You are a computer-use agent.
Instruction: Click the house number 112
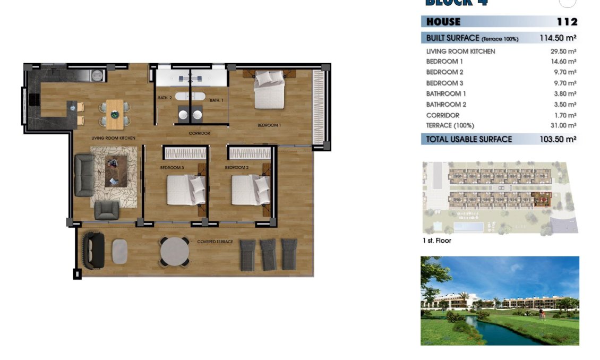[x=567, y=22]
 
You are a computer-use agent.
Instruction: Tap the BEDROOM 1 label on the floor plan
[x=269, y=125]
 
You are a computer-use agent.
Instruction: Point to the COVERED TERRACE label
[x=215, y=242]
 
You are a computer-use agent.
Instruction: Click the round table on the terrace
[x=174, y=251]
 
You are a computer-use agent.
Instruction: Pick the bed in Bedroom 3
[x=186, y=190]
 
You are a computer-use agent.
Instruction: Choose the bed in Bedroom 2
[x=251, y=190]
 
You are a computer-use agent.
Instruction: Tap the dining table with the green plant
[x=115, y=114]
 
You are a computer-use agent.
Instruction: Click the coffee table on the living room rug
[x=115, y=172]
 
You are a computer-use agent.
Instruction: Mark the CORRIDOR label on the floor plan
[x=200, y=133]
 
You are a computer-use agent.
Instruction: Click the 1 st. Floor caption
[x=436, y=241]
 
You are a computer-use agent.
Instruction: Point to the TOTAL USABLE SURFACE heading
[x=469, y=139]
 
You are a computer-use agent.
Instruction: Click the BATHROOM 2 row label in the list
[x=446, y=104]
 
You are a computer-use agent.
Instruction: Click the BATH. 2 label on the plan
[x=165, y=98]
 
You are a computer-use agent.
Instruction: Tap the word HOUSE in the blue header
[x=443, y=22]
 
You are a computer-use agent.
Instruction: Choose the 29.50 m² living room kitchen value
[x=563, y=52]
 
